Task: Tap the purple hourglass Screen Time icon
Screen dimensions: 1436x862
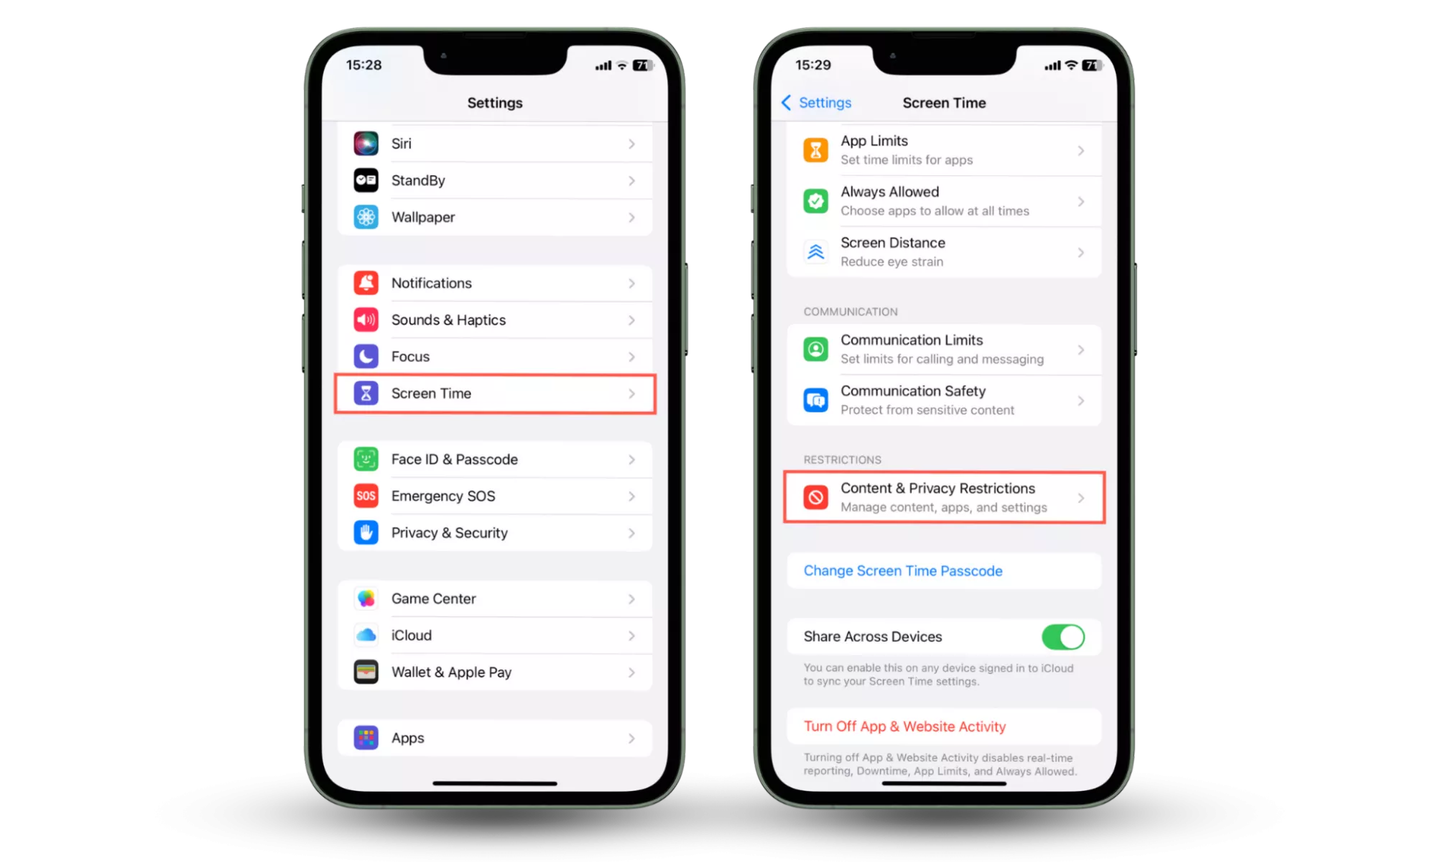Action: (366, 393)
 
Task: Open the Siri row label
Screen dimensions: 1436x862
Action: (401, 144)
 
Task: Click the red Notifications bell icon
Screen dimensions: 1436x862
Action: (366, 283)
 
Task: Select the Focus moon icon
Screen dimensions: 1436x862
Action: (366, 356)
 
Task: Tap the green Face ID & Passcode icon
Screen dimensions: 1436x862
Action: (366, 459)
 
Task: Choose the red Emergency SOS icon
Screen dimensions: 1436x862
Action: (366, 496)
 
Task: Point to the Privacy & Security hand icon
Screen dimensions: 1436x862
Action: (366, 532)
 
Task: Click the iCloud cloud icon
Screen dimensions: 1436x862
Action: (366, 635)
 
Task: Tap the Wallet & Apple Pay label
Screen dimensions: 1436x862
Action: (451, 672)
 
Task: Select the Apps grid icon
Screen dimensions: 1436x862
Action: (366, 738)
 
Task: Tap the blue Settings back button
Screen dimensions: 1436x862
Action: (816, 103)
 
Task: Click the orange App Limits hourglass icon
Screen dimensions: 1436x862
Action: (815, 150)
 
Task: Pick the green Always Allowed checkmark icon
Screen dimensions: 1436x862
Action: (815, 201)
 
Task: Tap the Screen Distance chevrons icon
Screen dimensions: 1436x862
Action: (815, 252)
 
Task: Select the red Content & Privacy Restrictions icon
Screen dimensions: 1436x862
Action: (815, 497)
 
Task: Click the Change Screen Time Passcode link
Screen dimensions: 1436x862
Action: (903, 571)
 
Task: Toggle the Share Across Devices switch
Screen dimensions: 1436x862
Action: (1063, 636)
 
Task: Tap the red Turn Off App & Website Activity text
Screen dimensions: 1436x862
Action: (904, 726)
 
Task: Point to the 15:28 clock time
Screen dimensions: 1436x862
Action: (363, 65)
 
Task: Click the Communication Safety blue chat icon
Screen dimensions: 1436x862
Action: (815, 400)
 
